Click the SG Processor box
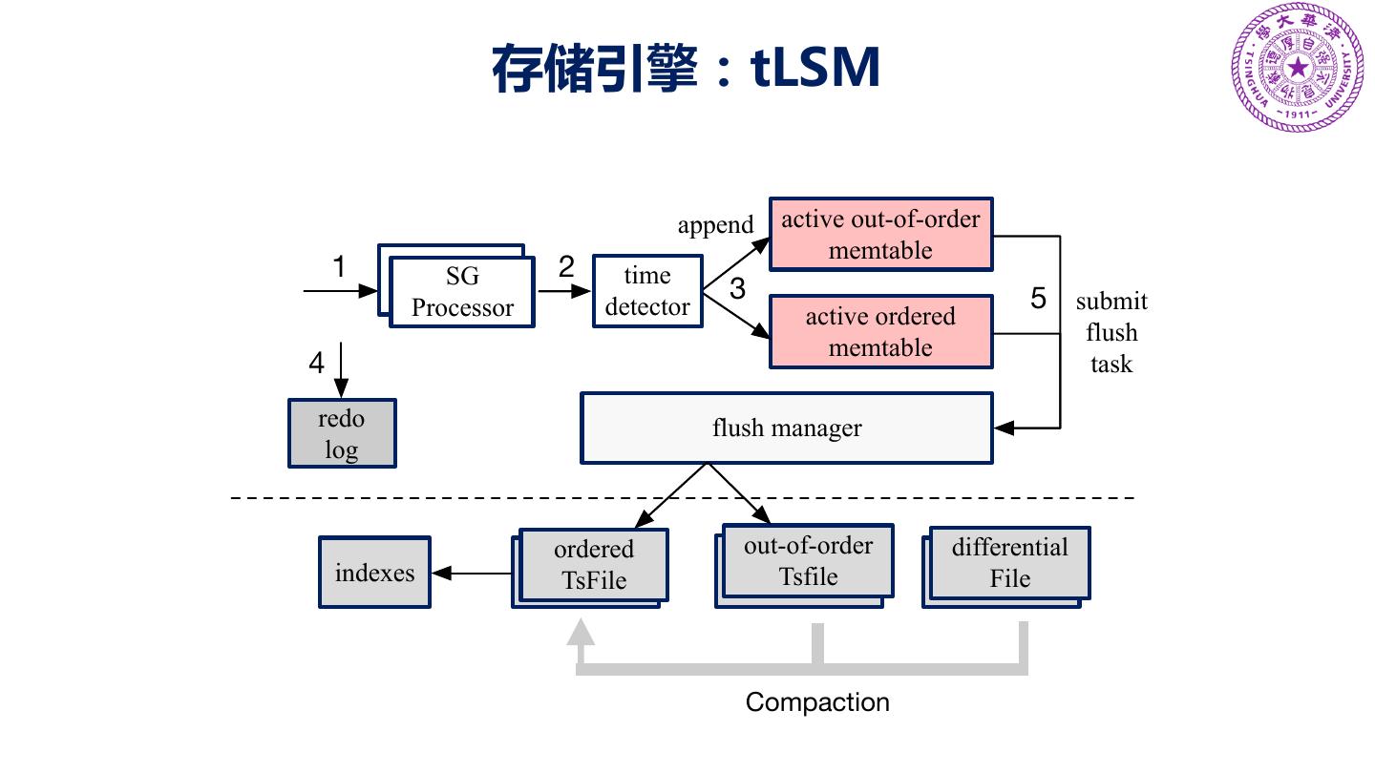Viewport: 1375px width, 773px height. pos(462,292)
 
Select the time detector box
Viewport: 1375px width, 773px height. pos(647,291)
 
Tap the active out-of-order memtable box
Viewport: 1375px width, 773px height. pos(880,235)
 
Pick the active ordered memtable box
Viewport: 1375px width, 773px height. pos(880,332)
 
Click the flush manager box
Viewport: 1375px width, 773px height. pos(787,428)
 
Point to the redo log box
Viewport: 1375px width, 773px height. pos(342,434)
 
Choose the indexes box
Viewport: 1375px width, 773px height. pos(374,573)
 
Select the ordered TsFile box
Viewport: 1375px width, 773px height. pos(593,564)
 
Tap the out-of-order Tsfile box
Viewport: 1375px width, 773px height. pos(808,560)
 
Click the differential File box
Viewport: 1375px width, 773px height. pos(1009,563)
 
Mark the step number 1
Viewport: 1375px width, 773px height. pos(339,268)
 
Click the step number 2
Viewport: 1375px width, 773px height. pos(566,267)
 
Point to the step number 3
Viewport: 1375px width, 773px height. pos(737,290)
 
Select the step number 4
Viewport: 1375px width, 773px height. pos(317,363)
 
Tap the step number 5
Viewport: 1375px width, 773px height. pos(1039,299)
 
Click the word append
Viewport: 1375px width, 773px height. pos(715,226)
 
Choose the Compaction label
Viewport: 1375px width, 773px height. pos(817,702)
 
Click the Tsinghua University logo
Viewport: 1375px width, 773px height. pos(1297,67)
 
